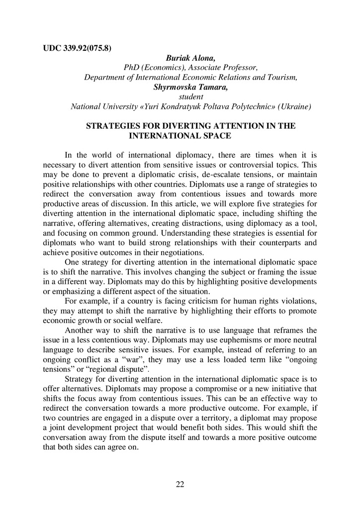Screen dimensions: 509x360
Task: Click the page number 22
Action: pyautogui.click(x=180, y=485)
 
